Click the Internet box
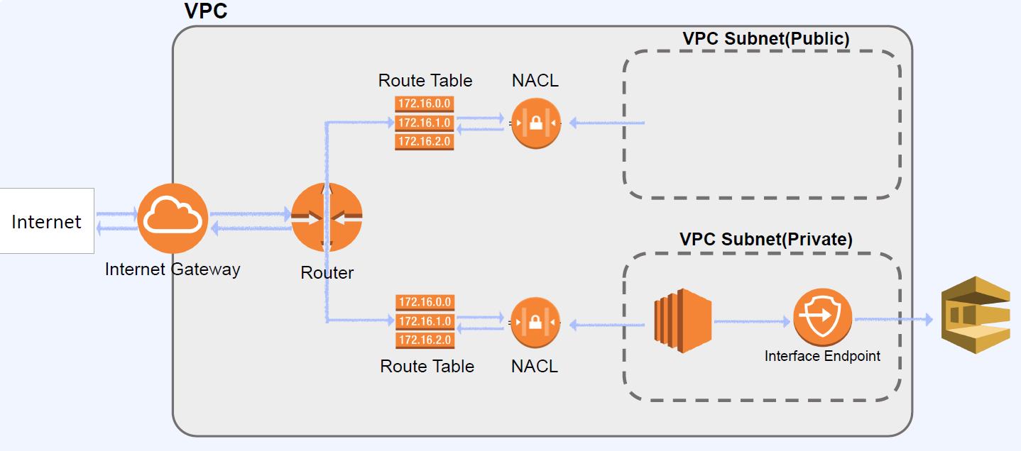tap(47, 221)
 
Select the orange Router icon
tap(327, 217)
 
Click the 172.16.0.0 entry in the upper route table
tap(425, 105)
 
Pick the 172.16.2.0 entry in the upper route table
tap(425, 142)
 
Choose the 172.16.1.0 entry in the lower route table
tap(425, 321)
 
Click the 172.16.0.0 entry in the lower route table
tap(425, 303)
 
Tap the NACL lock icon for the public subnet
tap(535, 123)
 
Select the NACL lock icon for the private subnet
tap(535, 323)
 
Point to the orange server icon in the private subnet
tap(682, 321)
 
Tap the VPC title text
tap(206, 11)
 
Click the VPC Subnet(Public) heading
tap(765, 38)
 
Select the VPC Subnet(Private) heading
tap(765, 239)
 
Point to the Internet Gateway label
tap(173, 269)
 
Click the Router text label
tap(327, 272)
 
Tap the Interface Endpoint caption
tap(822, 356)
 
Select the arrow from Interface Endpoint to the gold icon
tap(893, 320)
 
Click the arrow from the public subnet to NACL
tap(607, 123)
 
